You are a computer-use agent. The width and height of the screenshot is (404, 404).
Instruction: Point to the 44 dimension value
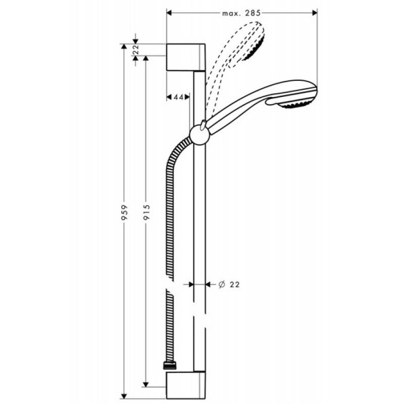tap(177, 96)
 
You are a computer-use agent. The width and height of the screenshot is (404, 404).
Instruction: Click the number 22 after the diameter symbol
tap(233, 285)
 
